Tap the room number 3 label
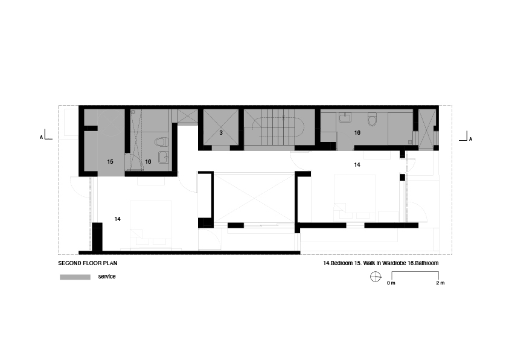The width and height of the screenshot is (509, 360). point(221,132)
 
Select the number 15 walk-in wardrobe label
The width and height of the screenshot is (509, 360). point(110,162)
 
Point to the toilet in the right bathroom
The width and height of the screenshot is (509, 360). point(373,118)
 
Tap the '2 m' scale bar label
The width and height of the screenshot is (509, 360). point(440,283)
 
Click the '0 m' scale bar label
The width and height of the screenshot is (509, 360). point(391,283)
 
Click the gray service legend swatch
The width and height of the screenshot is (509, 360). point(74,277)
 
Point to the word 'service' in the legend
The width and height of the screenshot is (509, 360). point(106,276)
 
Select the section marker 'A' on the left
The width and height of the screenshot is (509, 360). point(41,138)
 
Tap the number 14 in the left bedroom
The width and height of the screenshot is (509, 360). point(117,219)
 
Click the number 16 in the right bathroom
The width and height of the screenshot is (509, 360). point(357,132)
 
